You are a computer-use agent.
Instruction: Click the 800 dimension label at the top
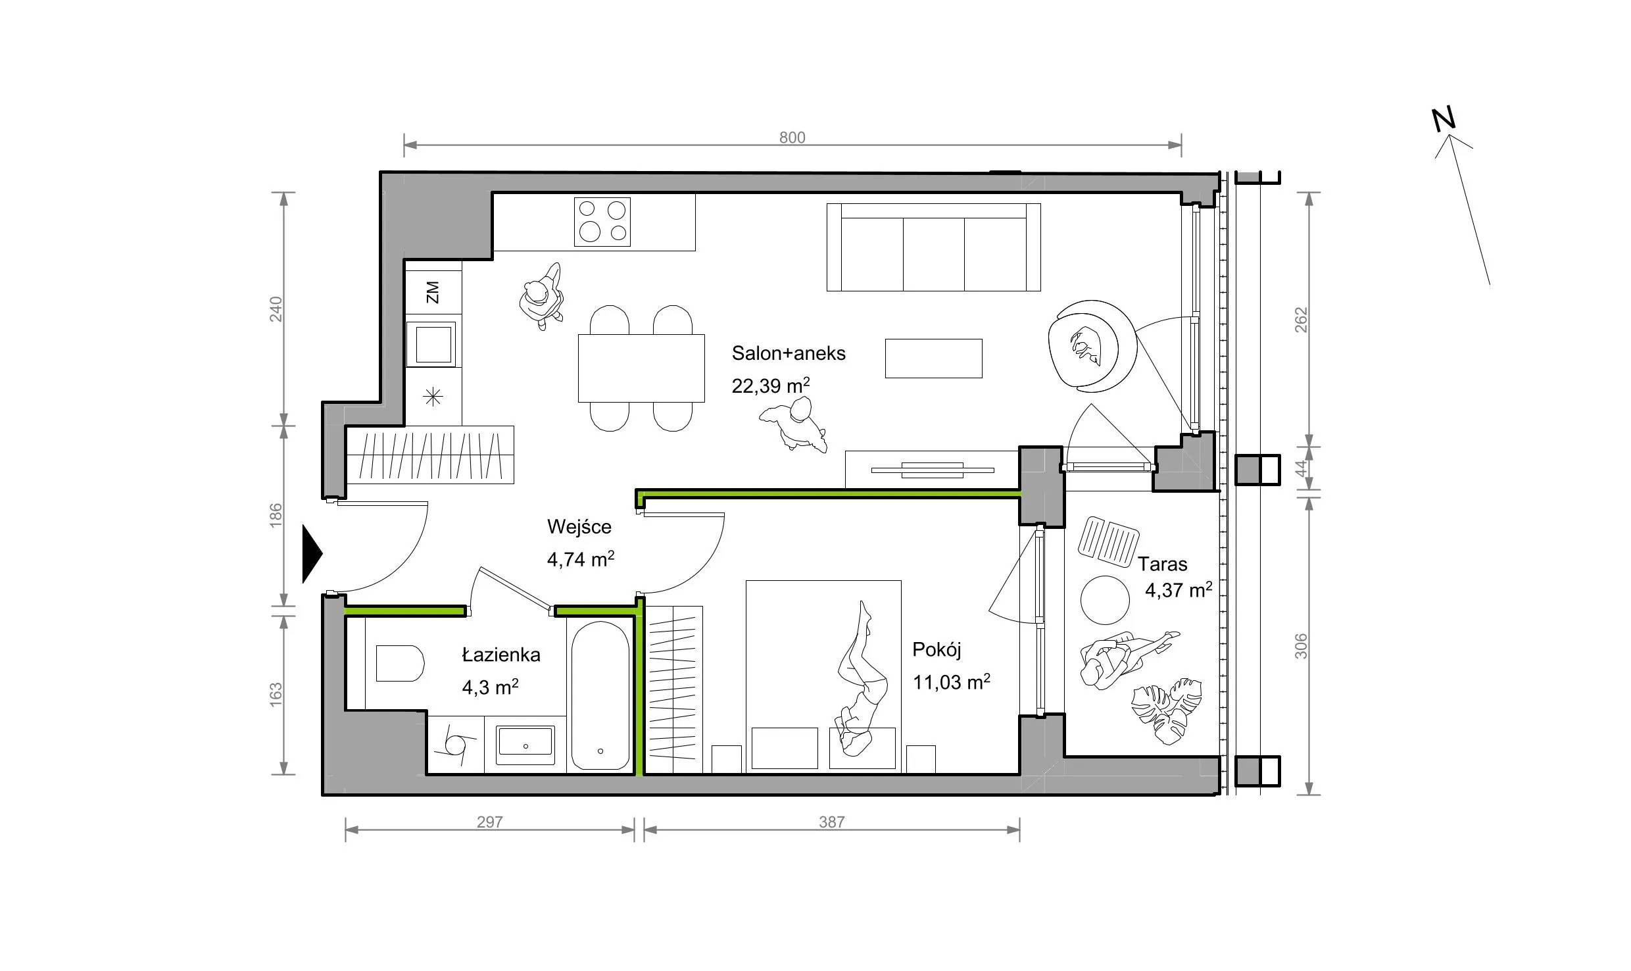point(792,137)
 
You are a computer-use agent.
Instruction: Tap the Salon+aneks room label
point(789,353)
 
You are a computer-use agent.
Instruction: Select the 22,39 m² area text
point(771,385)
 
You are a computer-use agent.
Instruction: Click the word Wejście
point(579,527)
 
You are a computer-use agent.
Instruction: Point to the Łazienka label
point(501,655)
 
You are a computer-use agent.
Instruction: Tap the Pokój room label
point(937,651)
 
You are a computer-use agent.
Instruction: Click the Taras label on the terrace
point(1163,564)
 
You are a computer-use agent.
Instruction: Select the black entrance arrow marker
point(312,554)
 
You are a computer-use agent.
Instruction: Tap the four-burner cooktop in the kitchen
point(602,222)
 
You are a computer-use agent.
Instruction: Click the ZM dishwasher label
point(432,292)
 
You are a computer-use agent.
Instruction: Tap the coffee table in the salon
point(933,359)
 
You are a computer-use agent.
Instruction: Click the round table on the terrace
point(1105,600)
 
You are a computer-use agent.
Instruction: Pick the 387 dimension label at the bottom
point(831,822)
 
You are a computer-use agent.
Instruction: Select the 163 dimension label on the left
point(276,695)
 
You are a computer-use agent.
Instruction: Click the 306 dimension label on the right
point(1301,645)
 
